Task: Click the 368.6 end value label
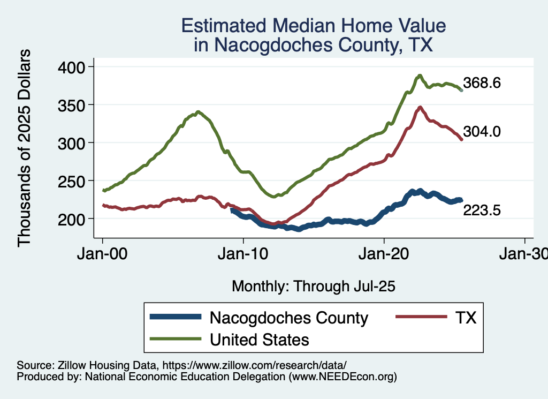click(x=482, y=84)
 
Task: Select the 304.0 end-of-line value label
click(x=482, y=132)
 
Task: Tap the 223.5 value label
click(x=482, y=211)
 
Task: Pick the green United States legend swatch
click(x=176, y=339)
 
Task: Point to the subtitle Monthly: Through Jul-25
click(x=313, y=287)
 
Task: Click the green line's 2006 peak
click(x=198, y=112)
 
